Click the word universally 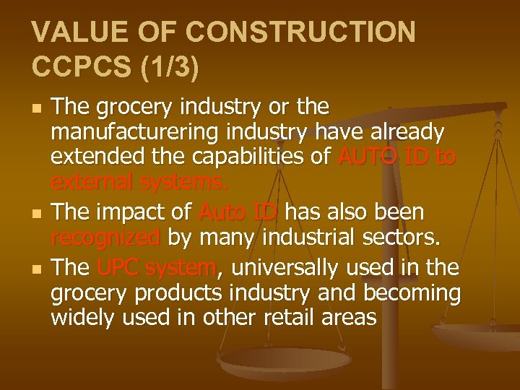click(284, 269)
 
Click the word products click(174, 292)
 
